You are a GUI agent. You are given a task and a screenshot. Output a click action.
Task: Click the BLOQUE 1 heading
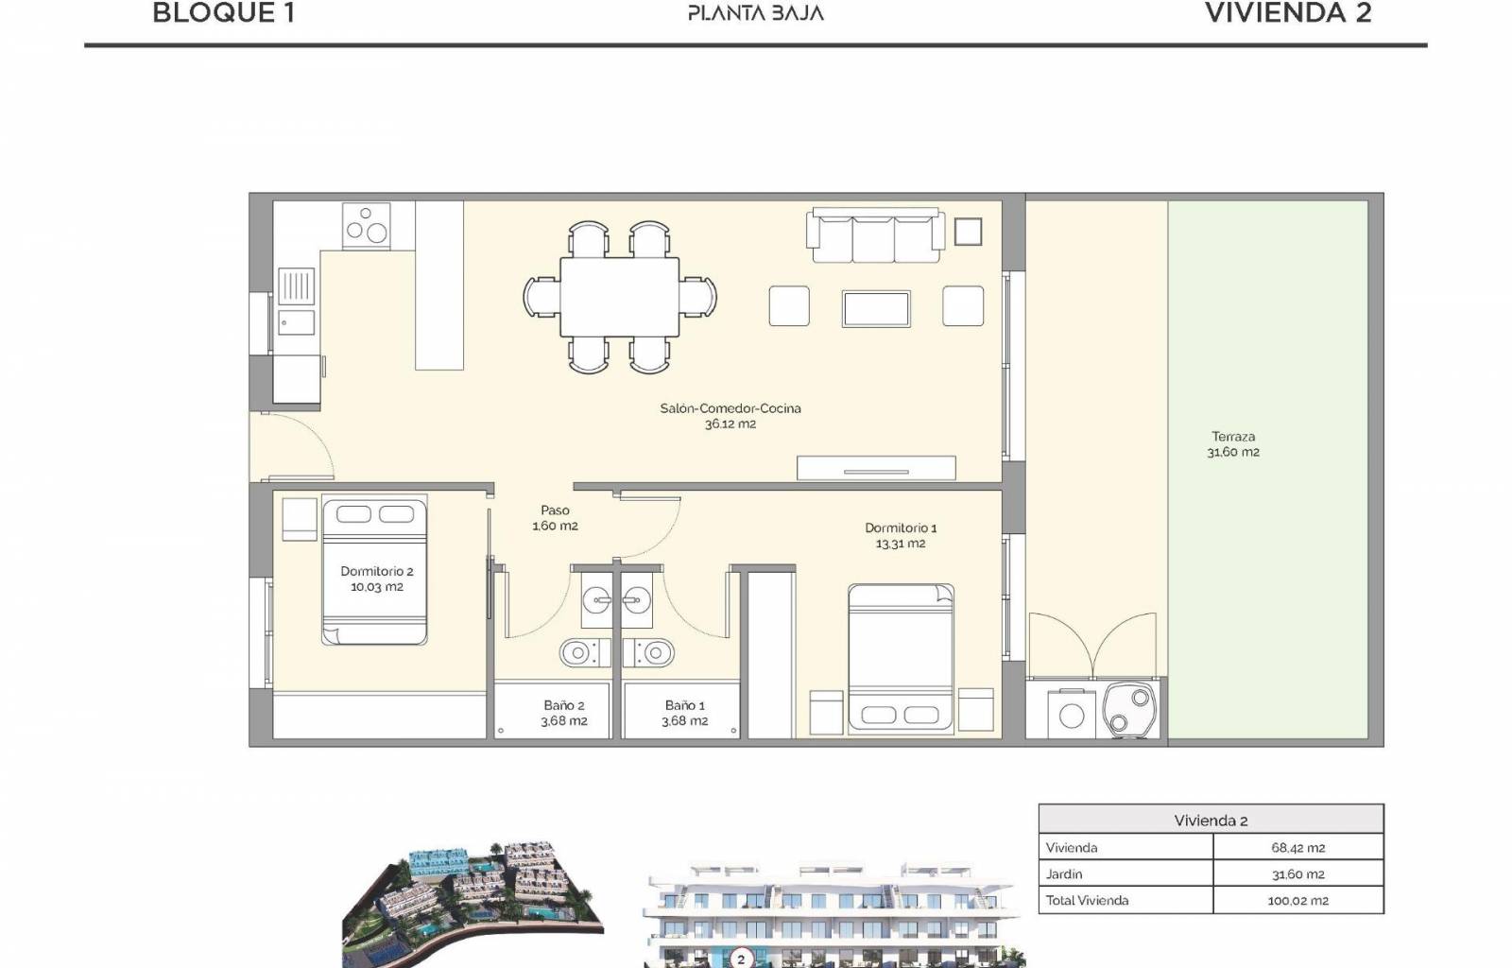pos(223,13)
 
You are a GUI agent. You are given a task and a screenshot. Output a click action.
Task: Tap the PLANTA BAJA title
pos(756,13)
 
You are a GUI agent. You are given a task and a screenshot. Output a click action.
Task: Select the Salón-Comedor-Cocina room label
pos(730,408)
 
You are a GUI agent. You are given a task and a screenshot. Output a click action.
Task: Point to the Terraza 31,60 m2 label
pos(1233,444)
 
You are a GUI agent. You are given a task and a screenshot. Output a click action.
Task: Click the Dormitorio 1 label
pos(901,527)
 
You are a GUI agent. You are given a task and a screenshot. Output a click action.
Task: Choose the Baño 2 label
pos(563,705)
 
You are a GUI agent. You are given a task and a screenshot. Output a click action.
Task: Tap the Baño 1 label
pos(684,705)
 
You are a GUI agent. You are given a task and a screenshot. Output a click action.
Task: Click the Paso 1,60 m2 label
pos(555,518)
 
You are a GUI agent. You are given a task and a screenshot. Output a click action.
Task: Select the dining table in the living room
pos(620,297)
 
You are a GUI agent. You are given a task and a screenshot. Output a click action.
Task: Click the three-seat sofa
pos(875,235)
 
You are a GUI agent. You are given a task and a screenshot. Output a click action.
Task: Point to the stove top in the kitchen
pos(366,226)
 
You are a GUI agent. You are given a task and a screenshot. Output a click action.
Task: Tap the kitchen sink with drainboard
pos(297,302)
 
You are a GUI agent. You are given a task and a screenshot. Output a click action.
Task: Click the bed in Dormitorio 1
pos(902,659)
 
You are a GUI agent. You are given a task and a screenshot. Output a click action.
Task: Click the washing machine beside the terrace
pos(1072,715)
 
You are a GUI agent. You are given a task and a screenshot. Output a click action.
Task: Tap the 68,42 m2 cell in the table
pos(1297,848)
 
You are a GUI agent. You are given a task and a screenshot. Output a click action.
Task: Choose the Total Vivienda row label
pos(1087,901)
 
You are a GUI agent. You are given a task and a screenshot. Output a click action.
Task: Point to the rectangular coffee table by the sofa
pos(876,309)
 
